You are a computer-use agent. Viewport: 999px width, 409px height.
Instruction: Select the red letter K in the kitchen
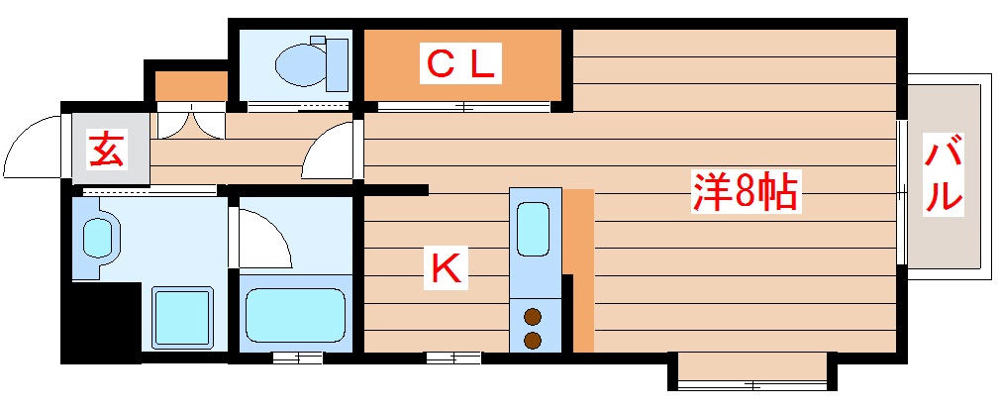click(446, 267)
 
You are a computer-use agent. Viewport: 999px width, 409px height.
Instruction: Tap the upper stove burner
click(533, 318)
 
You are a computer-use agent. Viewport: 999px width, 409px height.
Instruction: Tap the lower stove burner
click(533, 341)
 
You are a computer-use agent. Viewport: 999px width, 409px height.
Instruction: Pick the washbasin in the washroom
click(99, 238)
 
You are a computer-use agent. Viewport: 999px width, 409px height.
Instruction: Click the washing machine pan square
click(182, 317)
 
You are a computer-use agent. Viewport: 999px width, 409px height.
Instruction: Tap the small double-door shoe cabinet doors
click(189, 122)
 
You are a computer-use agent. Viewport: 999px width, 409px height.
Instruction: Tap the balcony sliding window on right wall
click(901, 191)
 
